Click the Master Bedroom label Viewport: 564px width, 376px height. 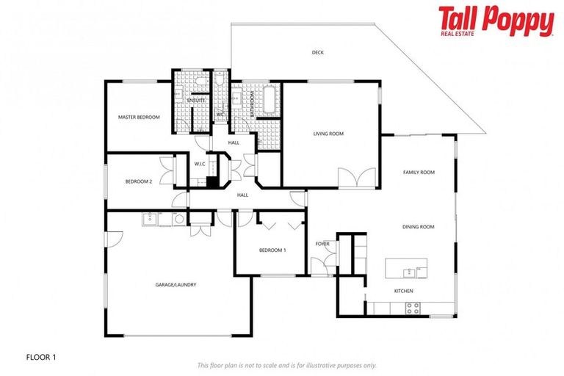[139, 117]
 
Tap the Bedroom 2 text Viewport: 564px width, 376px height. [138, 181]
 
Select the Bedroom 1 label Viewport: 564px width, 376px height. [272, 250]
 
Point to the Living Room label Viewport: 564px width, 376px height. [328, 134]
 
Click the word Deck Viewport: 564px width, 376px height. [317, 52]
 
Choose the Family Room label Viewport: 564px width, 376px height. [419, 172]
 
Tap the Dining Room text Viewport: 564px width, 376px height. [418, 227]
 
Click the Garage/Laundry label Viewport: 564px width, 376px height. [176, 285]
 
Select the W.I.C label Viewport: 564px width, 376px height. [200, 164]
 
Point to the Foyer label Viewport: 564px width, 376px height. [322, 243]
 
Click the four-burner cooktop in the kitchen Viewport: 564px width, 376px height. [413, 308]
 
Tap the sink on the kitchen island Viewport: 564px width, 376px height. [408, 272]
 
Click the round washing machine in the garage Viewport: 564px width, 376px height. [178, 219]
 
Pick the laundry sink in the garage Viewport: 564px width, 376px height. [151, 218]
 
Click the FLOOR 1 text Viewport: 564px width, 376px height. [40, 357]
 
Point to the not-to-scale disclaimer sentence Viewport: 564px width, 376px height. [286, 365]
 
